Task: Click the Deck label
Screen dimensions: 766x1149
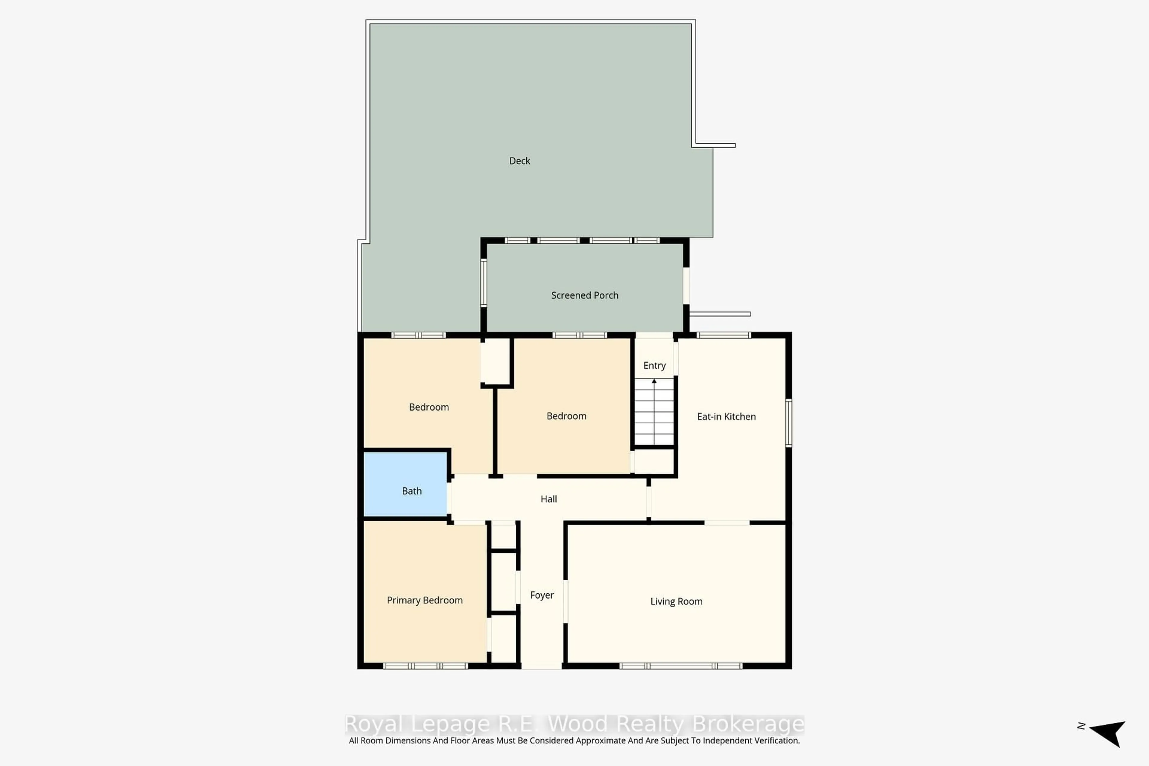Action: pos(519,161)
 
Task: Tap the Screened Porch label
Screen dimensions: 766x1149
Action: pos(584,295)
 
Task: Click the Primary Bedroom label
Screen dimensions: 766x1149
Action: pos(425,600)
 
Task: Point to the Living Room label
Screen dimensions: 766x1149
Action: pos(676,601)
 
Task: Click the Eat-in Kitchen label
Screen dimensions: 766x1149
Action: pos(726,416)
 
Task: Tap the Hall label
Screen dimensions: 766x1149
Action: pos(548,499)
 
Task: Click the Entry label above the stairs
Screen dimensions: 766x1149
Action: pos(654,365)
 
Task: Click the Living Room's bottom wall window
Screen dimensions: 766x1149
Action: pos(680,666)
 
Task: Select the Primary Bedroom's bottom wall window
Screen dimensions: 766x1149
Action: pos(425,666)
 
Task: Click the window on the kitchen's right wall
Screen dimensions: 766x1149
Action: pos(788,422)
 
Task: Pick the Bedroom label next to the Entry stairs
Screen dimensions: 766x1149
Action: pos(566,416)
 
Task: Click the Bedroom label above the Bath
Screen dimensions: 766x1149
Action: pos(428,407)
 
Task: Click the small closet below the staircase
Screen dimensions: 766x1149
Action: pos(654,461)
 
